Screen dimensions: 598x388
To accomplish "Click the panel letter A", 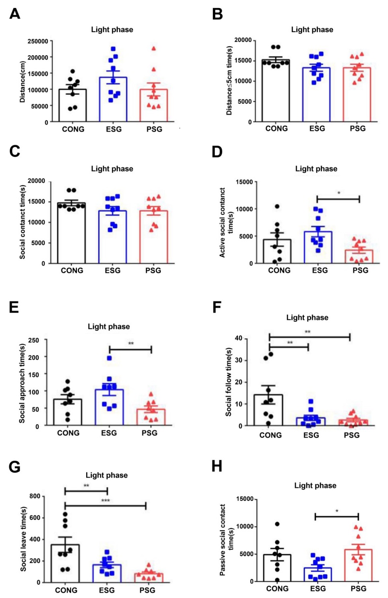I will tap(15, 14).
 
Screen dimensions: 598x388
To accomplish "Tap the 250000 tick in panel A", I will tap(38, 41).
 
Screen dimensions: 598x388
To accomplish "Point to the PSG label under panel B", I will tap(358, 128).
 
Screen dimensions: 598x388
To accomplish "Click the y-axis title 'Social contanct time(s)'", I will tap(23, 222).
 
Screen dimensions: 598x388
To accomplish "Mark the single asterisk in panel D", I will tap(339, 193).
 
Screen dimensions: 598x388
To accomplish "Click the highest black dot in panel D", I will tap(277, 207).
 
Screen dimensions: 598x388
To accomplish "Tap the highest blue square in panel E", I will tap(109, 358).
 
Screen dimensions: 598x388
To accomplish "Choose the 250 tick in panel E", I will tap(34, 340).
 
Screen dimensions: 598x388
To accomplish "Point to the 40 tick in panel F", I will tap(239, 338).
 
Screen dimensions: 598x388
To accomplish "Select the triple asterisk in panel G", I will tap(106, 501).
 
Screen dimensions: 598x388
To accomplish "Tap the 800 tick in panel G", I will tap(35, 496).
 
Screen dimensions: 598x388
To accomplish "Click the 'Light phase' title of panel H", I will tap(315, 485).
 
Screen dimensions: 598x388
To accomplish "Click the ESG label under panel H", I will tap(318, 589).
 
